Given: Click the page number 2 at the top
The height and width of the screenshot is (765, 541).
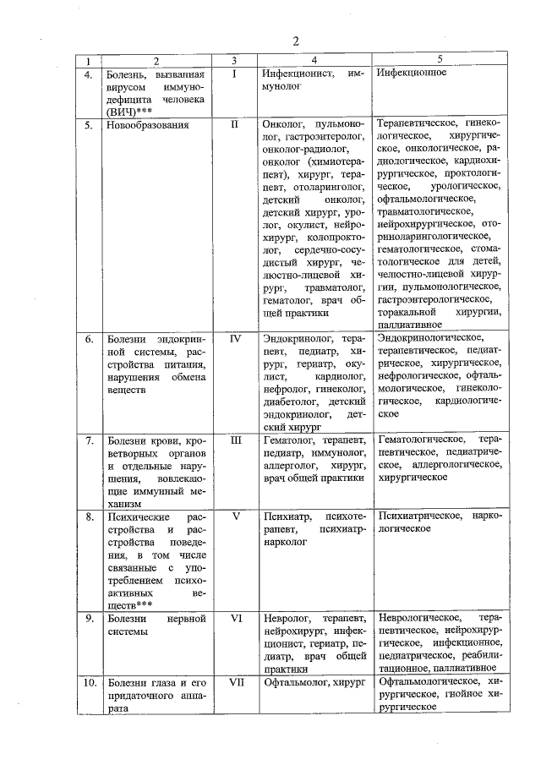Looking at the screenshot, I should coord(296,41).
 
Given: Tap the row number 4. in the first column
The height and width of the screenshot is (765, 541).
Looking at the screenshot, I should coord(88,74).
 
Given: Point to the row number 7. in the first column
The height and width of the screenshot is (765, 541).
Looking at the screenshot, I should coord(88,440).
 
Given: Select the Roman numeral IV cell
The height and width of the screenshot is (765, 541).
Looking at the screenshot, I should coord(236,339).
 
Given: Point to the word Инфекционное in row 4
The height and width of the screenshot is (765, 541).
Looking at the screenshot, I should coord(413,74).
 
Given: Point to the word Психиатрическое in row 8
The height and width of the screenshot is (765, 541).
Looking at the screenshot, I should coord(419,515).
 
